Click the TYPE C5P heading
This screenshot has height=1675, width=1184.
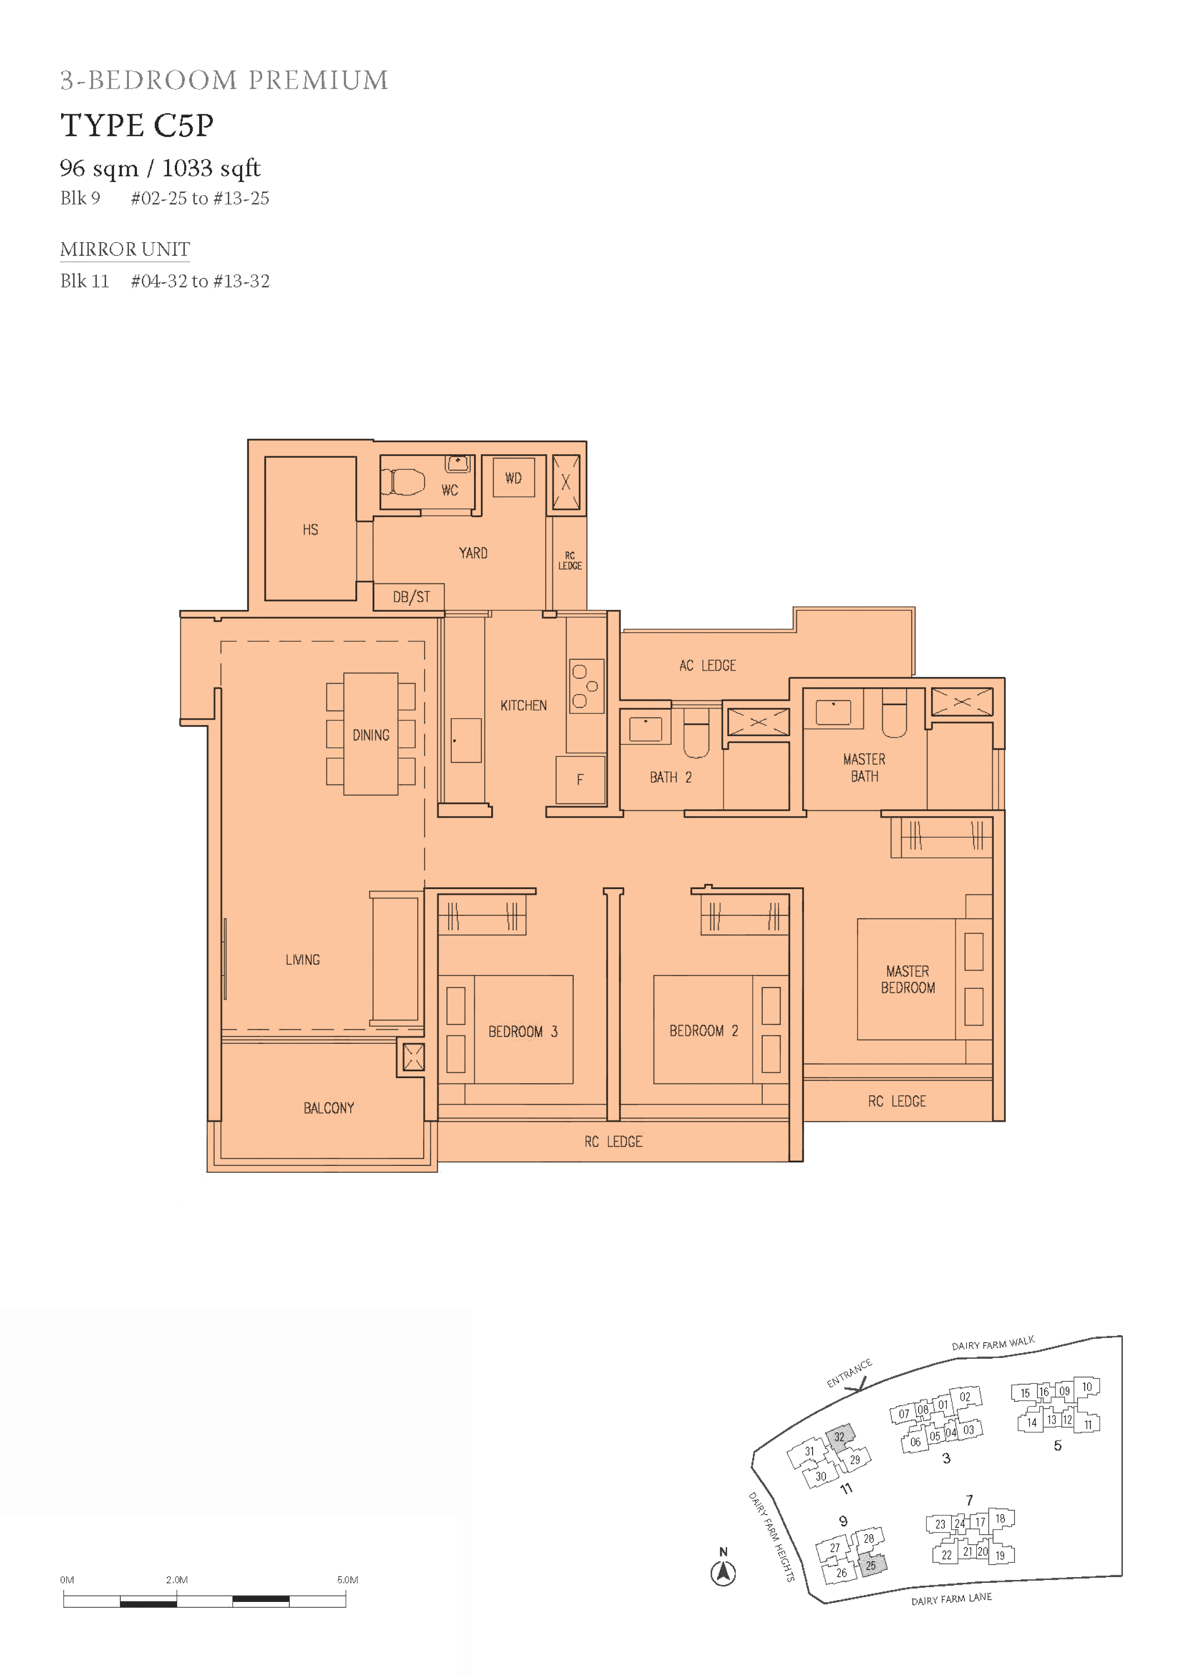137,126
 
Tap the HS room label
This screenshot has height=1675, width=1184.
311,530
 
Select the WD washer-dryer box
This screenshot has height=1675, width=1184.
514,478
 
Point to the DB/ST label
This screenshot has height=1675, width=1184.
412,597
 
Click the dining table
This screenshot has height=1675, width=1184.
370,734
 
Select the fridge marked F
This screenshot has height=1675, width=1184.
581,780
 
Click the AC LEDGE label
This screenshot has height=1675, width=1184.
708,665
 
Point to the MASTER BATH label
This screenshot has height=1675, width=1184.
865,767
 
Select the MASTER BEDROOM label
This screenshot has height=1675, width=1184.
908,979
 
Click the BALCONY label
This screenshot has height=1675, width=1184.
329,1108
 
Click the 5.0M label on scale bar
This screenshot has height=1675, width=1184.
347,1580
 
